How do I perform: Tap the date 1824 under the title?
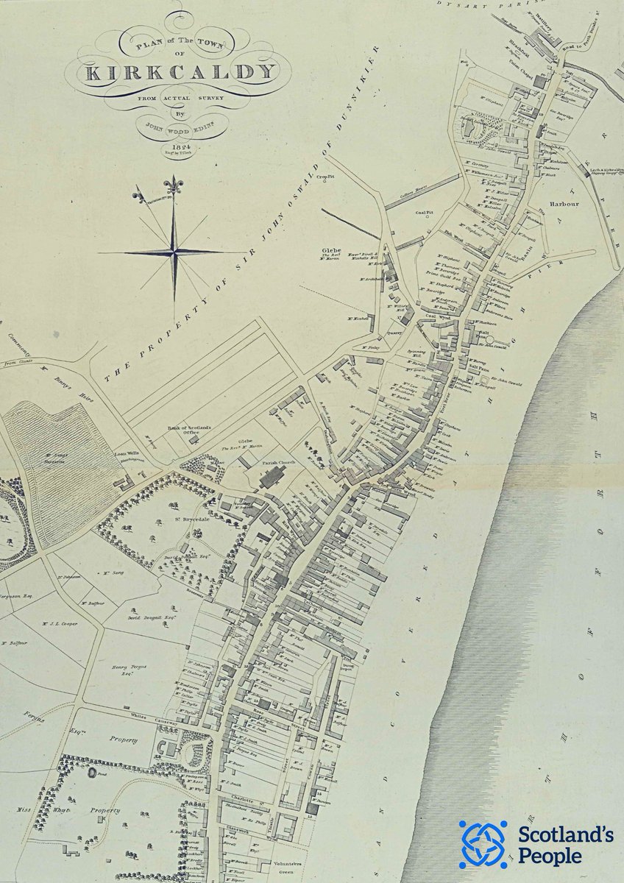pyautogui.click(x=173, y=146)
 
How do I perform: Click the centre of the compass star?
pyautogui.click(x=174, y=252)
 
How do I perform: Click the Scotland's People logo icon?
pyautogui.click(x=482, y=844)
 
